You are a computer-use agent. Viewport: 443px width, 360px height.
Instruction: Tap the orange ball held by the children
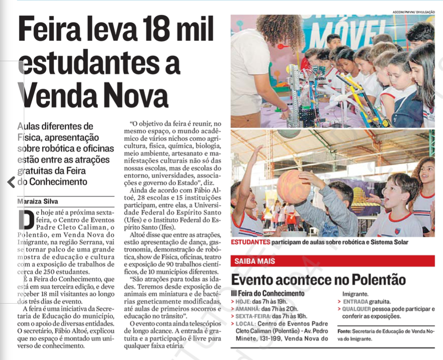tap(293, 186)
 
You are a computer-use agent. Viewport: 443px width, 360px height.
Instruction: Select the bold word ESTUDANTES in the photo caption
tap(250, 242)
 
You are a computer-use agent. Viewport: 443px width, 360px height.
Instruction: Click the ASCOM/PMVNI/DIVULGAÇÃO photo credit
tap(413, 12)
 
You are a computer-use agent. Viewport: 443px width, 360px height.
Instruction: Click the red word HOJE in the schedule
tap(242, 301)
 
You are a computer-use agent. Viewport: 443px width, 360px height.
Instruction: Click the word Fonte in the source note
tap(344, 331)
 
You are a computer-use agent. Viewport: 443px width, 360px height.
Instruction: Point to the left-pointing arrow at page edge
tap(11, 182)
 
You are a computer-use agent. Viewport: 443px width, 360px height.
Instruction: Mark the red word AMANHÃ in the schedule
tap(248, 309)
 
